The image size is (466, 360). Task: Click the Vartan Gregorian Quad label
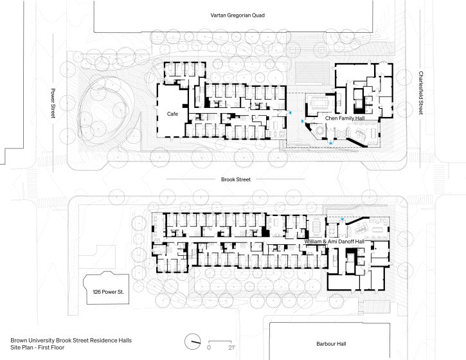click(x=237, y=15)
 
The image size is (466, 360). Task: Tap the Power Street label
click(x=53, y=103)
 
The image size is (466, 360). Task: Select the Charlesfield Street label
click(x=421, y=93)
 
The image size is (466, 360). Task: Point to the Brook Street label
click(x=236, y=179)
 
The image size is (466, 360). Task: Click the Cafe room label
click(x=172, y=114)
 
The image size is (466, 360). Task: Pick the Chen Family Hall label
click(x=345, y=118)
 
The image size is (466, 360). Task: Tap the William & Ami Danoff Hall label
click(x=334, y=241)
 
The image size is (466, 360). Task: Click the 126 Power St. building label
click(x=108, y=292)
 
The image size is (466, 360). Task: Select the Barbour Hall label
click(x=331, y=344)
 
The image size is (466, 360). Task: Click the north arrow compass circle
click(x=192, y=342)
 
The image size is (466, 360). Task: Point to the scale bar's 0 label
click(x=209, y=348)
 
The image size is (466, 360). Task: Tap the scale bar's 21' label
click(x=231, y=348)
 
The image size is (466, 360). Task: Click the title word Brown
click(x=18, y=340)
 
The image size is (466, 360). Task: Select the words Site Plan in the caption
click(x=21, y=347)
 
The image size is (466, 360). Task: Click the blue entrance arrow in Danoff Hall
click(x=343, y=219)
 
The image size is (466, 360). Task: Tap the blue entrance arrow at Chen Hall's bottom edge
click(x=331, y=143)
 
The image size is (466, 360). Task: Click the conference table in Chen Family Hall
click(x=319, y=104)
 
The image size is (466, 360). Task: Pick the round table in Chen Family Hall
click(x=321, y=130)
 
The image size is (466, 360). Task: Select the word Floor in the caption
click(x=57, y=347)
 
